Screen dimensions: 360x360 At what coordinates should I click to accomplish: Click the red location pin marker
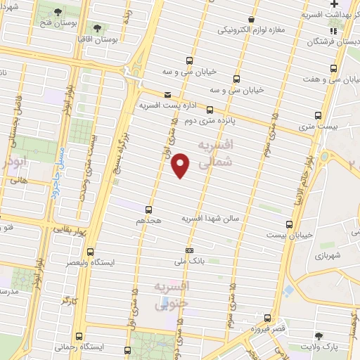[x=181, y=165]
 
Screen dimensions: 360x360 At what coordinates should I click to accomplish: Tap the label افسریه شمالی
[x=215, y=155]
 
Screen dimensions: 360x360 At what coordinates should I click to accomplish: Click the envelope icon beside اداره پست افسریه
[x=167, y=94]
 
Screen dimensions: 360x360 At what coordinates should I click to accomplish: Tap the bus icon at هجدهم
[x=148, y=209]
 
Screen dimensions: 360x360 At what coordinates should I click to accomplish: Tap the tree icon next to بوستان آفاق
[x=96, y=29]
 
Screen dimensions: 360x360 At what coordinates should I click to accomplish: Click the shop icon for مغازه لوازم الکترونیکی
[x=250, y=20]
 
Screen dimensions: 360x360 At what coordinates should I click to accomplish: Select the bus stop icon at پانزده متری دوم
[x=210, y=108]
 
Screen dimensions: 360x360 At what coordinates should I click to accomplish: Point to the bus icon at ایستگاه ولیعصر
[x=90, y=251]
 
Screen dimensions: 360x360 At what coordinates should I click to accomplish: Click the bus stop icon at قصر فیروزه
[x=268, y=317]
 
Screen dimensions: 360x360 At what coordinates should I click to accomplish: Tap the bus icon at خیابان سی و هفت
[x=334, y=69]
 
